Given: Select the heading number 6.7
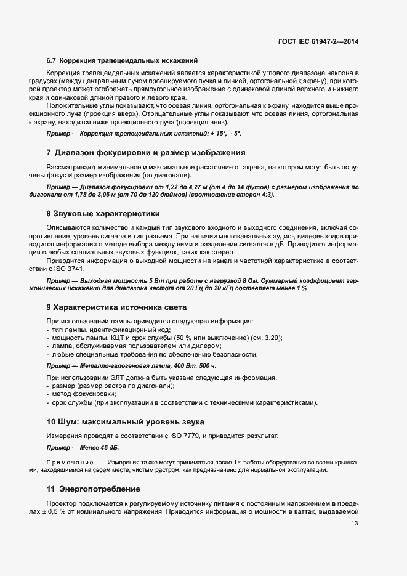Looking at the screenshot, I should (51, 60).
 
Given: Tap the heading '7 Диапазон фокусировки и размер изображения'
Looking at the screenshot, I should (146, 152).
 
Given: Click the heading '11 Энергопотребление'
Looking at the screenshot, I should (93, 489).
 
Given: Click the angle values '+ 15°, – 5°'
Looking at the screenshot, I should (222, 133).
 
